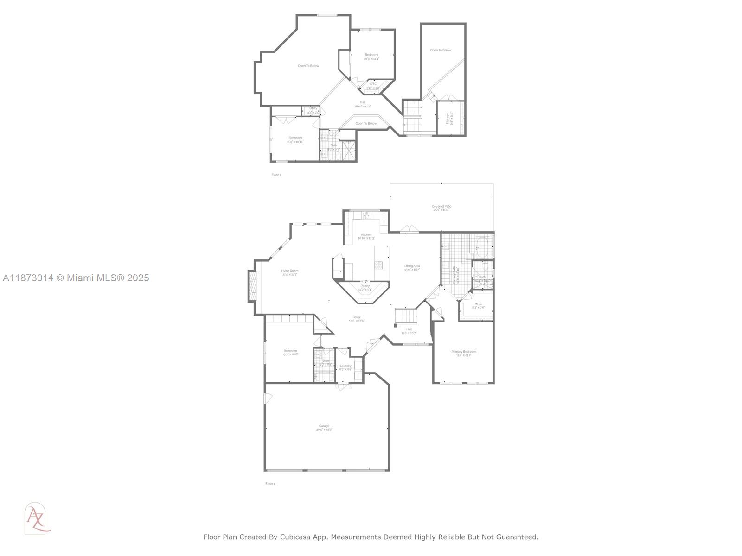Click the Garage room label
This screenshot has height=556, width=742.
[324, 428]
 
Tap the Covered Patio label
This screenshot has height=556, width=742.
[441, 208]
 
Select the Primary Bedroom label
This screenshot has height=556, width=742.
[463, 353]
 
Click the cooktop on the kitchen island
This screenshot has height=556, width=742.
[379, 265]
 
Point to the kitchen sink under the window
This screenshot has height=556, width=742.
[367, 215]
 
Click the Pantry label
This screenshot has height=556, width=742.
[365, 288]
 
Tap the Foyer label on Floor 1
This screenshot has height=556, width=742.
[356, 319]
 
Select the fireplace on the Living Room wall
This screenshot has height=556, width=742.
[253, 286]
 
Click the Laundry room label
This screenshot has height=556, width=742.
[345, 367]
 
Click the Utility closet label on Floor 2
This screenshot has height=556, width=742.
[313, 110]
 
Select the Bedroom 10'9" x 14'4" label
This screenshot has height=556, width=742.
[371, 57]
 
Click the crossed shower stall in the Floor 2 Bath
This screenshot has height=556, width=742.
[349, 150]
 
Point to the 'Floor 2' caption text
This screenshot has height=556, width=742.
[276, 175]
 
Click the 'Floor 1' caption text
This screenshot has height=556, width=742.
[270, 483]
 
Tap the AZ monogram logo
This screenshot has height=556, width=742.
[36, 518]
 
